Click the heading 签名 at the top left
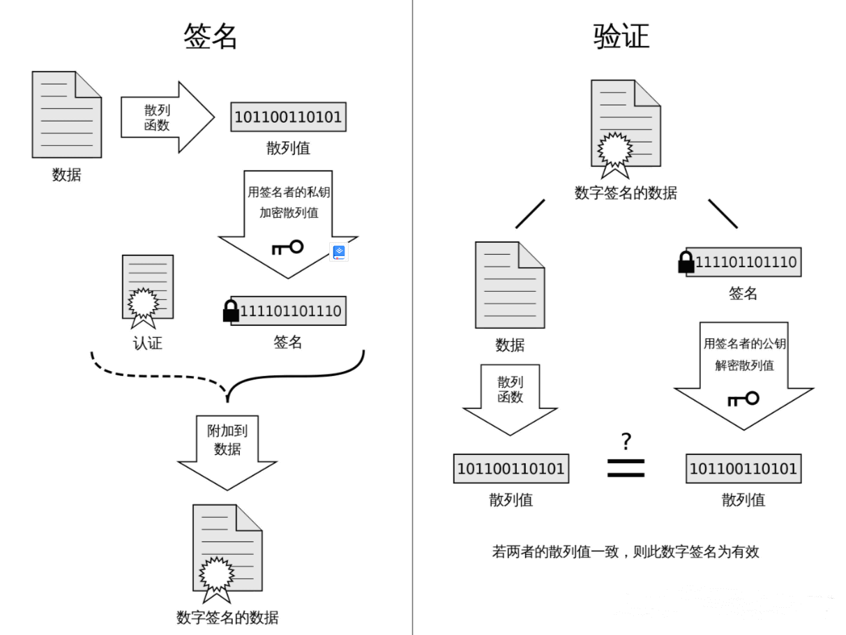[211, 36]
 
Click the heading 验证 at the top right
[621, 36]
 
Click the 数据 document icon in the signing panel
[67, 114]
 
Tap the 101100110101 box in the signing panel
[288, 117]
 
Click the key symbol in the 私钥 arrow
[287, 247]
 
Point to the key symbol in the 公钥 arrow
[743, 399]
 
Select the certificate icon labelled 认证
[147, 292]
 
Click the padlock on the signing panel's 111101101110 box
[231, 312]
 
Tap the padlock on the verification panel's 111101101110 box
[686, 263]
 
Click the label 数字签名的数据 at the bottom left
[227, 618]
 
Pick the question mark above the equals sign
[626, 440]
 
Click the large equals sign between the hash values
[626, 468]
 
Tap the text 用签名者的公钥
[745, 344]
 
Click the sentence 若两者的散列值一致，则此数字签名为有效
[626, 552]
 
